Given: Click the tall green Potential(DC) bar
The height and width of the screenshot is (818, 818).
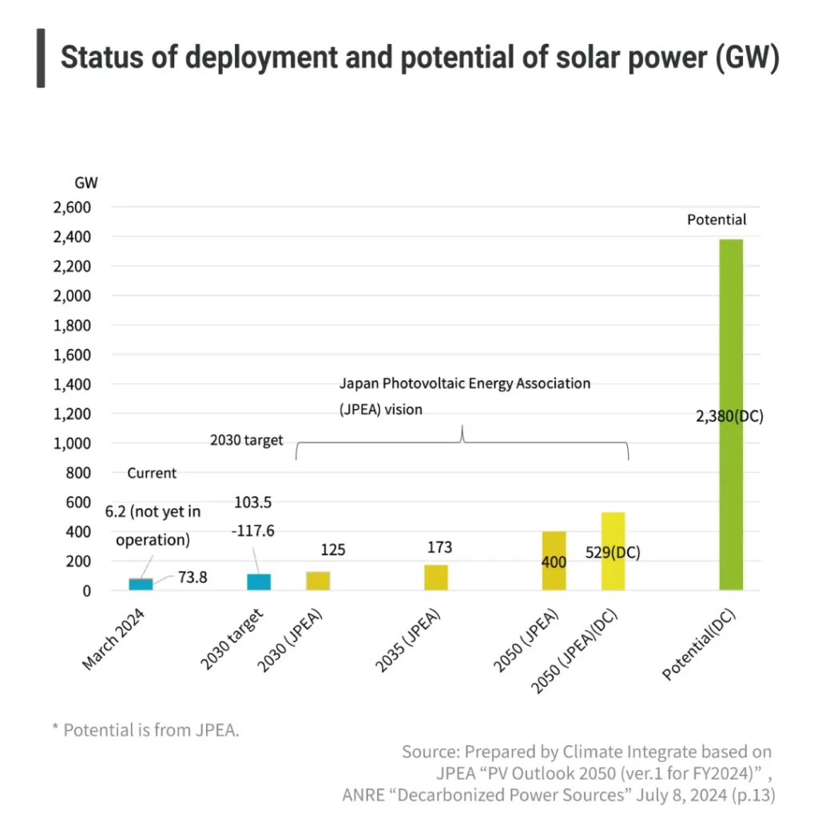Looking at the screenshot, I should pos(730,415).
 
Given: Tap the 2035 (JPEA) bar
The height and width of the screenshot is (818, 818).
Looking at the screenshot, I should pos(436,578).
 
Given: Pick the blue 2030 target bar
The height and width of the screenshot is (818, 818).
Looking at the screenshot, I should pos(259,582).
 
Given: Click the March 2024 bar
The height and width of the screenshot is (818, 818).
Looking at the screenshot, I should pos(141,585).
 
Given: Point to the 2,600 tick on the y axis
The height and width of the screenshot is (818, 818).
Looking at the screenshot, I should pos(72,208).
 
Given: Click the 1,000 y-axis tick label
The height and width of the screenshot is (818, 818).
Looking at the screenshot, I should pos(72,443).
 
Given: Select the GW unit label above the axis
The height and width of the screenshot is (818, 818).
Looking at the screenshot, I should pos(86,182).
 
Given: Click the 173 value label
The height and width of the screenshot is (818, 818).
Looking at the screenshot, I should pos(439,548).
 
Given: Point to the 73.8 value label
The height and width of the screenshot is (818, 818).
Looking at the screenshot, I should pos(193,577).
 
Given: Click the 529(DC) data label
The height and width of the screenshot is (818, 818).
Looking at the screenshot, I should pos(613,553).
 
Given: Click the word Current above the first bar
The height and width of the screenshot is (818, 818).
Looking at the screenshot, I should pos(152,473).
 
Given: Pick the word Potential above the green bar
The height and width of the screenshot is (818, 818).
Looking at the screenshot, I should pos(717,220).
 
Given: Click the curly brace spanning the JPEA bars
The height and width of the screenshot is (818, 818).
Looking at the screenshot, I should pos(462,444).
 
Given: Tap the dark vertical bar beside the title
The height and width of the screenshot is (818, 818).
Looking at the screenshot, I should pos(41,58).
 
